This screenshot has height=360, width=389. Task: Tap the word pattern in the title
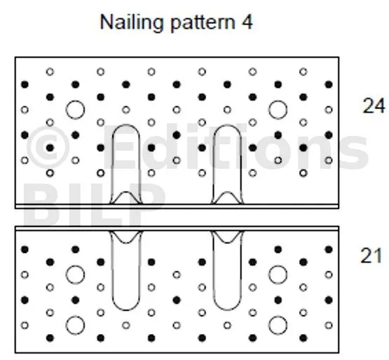pos(203,23)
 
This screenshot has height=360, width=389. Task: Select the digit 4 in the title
pos(247,22)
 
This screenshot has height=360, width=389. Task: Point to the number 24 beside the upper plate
pos(374,106)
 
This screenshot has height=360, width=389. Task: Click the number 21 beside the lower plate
pos(371,256)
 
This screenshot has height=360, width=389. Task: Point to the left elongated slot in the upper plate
pos(113,164)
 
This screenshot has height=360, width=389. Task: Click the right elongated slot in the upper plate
pos(214,164)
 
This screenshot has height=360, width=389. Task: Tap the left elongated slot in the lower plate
pos(113,270)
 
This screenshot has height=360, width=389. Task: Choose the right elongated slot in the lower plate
pos(214,270)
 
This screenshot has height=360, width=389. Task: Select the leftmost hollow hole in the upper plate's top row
pos(50,72)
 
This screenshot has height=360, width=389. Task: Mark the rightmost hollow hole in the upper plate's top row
pos(303,72)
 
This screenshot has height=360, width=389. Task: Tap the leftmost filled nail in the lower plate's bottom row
pos(50,338)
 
